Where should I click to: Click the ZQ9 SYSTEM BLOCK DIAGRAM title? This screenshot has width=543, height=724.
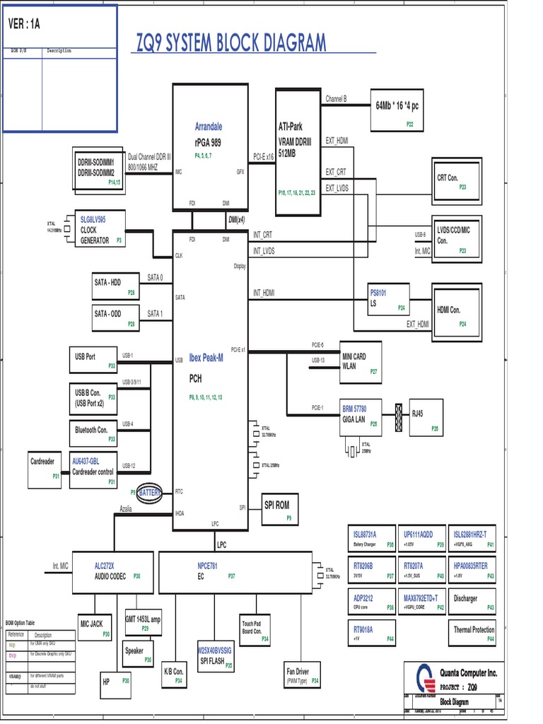point(231,43)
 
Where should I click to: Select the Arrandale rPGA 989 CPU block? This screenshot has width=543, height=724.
point(211,148)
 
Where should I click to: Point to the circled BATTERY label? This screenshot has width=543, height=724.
point(150,492)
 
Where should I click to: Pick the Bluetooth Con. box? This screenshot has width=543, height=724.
point(93,429)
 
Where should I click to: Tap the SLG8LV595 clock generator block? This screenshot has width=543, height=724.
point(100,230)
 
